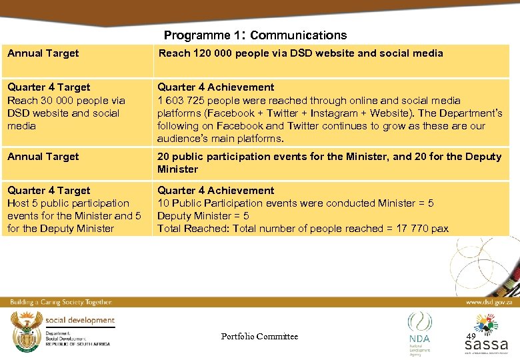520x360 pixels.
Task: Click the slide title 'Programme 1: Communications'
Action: point(255,35)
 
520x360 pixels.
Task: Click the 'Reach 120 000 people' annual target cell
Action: point(300,53)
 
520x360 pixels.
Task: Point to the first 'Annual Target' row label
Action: point(43,53)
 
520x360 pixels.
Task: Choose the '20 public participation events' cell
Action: point(329,163)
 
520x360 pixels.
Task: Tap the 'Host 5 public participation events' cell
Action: point(73,209)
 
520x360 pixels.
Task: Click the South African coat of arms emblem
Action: point(26,331)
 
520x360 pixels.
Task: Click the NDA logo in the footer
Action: point(419,331)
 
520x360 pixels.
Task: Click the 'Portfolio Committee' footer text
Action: point(259,337)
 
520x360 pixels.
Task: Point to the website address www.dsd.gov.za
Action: point(489,302)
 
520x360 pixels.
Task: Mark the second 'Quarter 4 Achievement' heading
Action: point(215,191)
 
